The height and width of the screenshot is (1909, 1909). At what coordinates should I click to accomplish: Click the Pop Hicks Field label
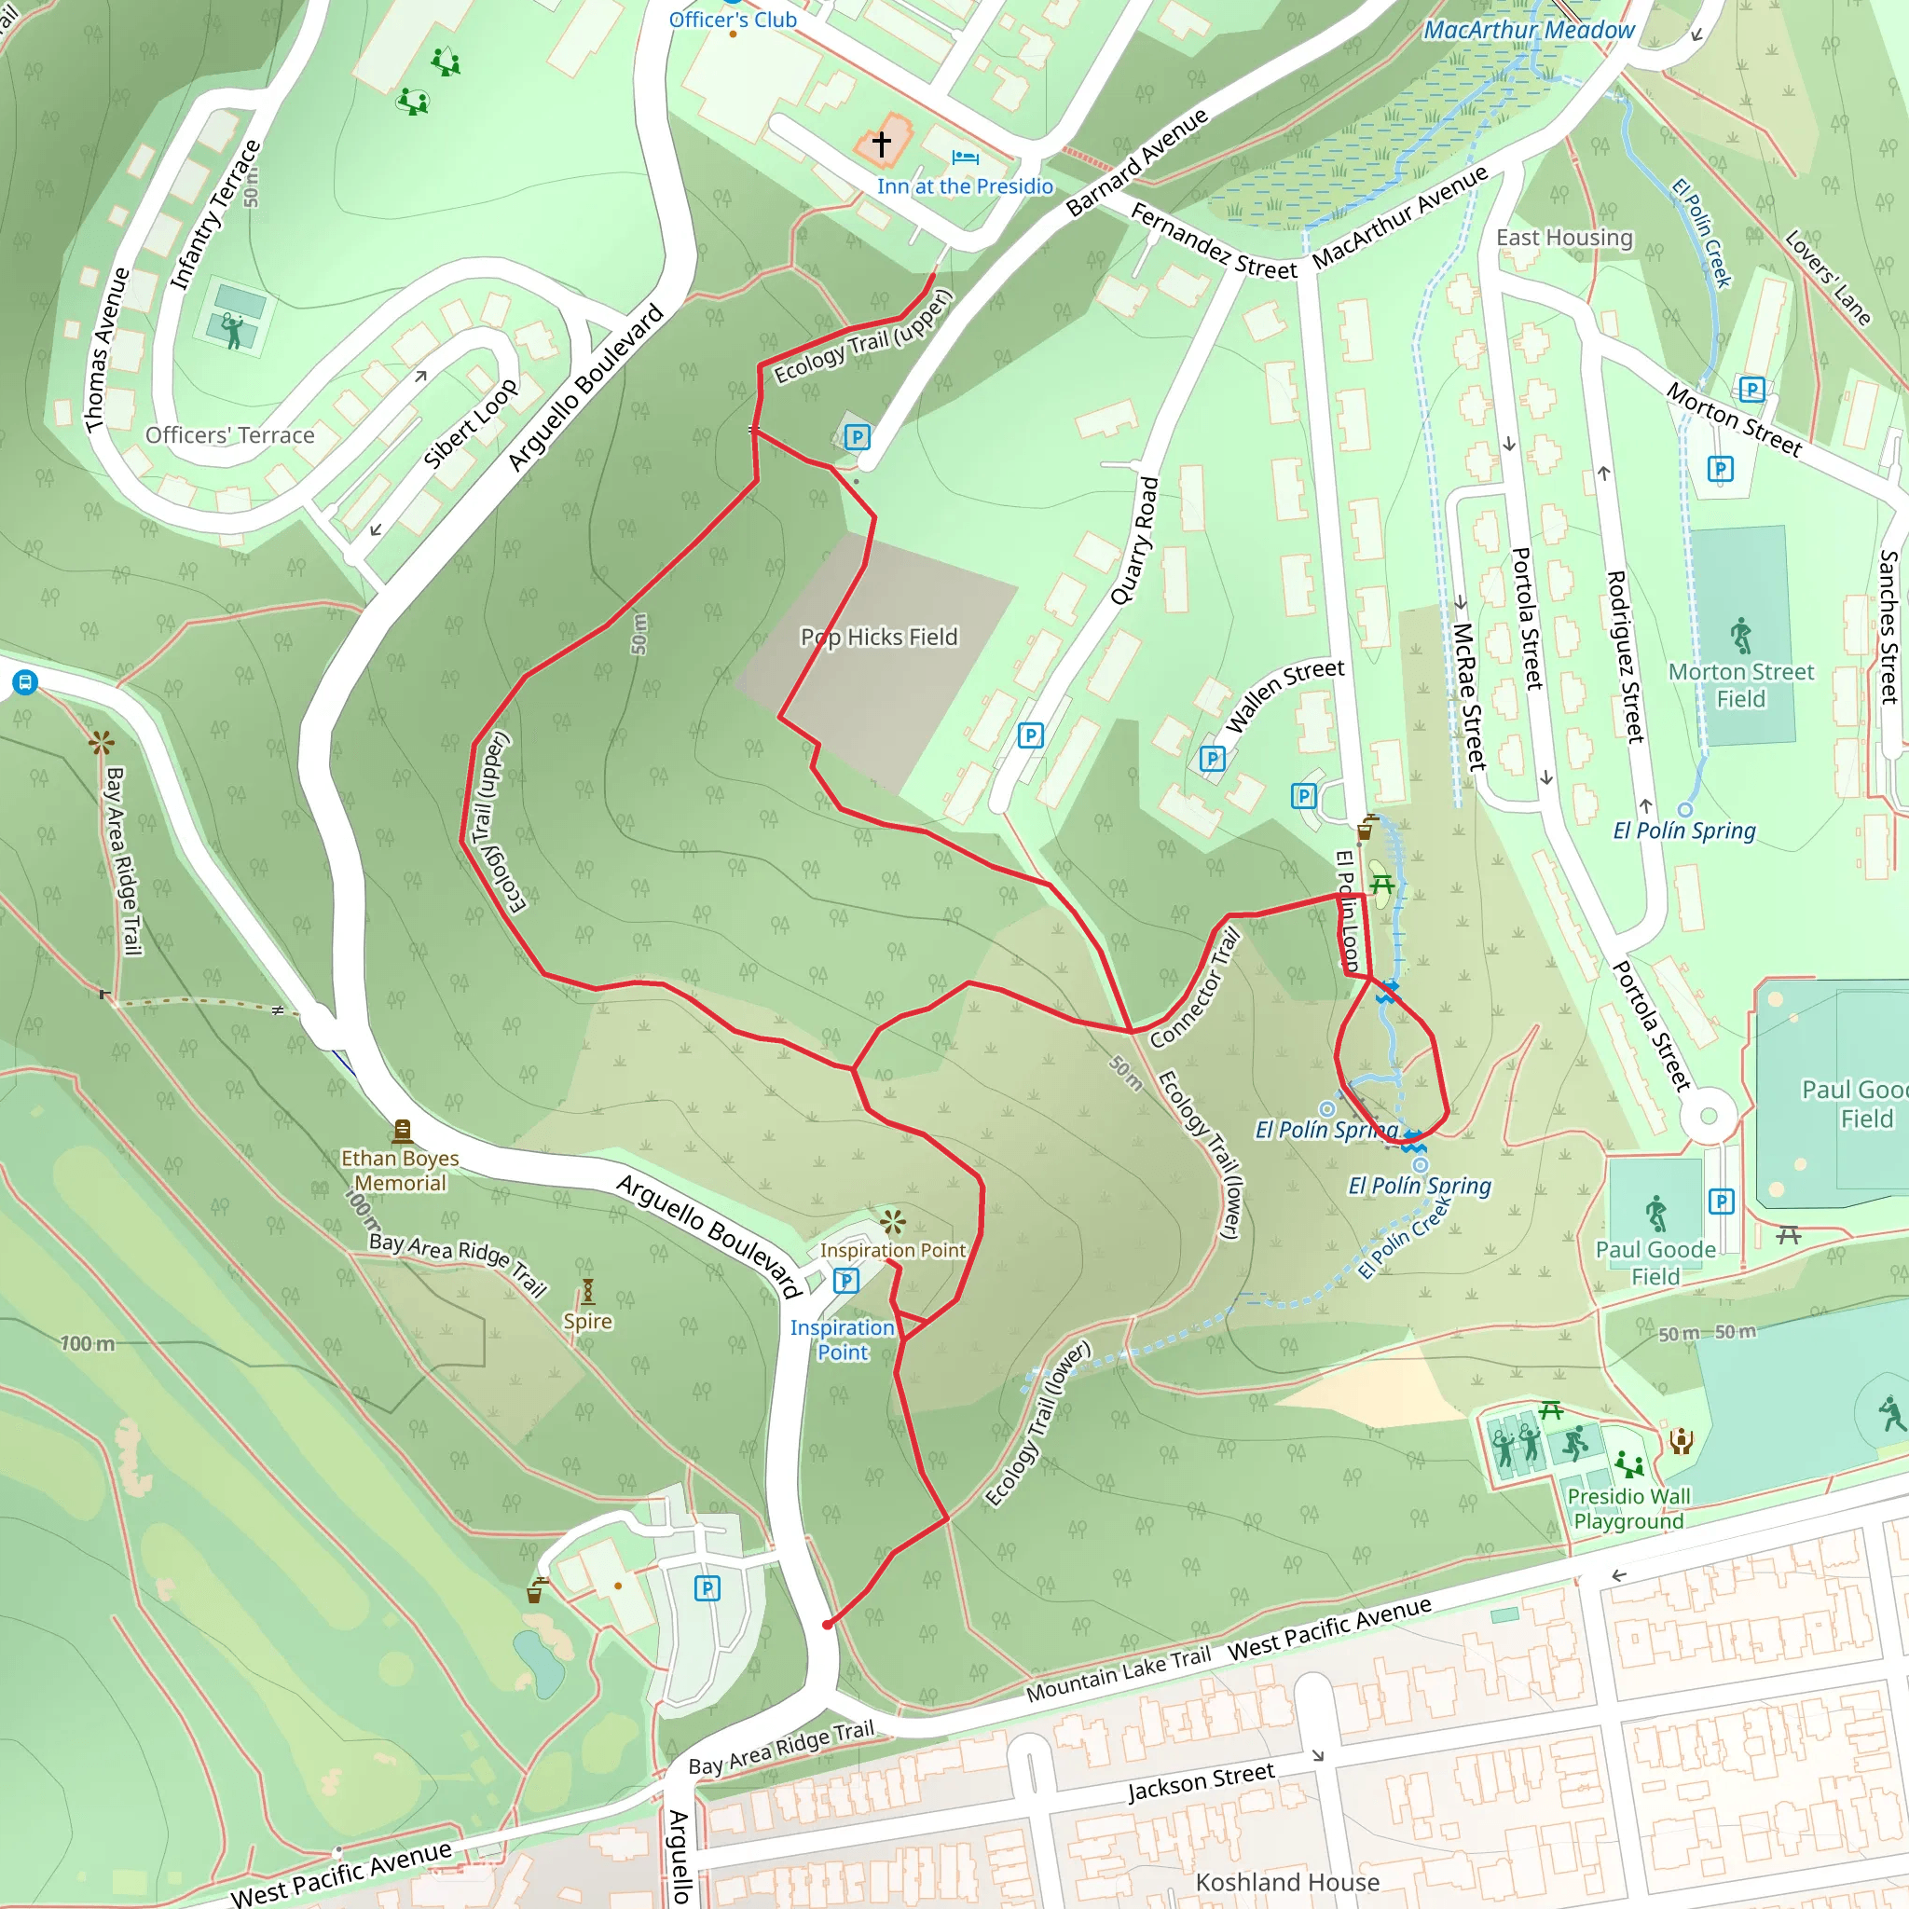pyautogui.click(x=878, y=638)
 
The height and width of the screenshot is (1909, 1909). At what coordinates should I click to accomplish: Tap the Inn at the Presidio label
pyautogui.click(x=965, y=185)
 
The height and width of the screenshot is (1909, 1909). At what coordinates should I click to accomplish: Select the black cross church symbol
pyautogui.click(x=882, y=144)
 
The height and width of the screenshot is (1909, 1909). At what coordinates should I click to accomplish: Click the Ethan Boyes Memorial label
pyautogui.click(x=400, y=1170)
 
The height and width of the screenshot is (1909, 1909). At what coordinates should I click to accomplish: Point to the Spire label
pyautogui.click(x=588, y=1321)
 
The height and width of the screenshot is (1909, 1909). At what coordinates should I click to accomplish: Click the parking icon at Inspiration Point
pyautogui.click(x=845, y=1282)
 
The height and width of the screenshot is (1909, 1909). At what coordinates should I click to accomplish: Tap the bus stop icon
pyautogui.click(x=26, y=681)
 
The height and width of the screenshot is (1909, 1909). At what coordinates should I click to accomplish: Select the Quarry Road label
pyautogui.click(x=1134, y=541)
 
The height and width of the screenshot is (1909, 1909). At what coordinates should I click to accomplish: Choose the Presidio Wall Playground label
pyautogui.click(x=1629, y=1509)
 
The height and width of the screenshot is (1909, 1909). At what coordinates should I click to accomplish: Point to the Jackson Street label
pyautogui.click(x=1202, y=1782)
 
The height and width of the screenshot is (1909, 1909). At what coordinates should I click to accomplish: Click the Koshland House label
pyautogui.click(x=1287, y=1882)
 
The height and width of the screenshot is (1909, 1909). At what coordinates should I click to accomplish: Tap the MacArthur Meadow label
pyautogui.click(x=1529, y=31)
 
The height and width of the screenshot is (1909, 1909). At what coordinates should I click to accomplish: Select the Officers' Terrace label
pyautogui.click(x=229, y=434)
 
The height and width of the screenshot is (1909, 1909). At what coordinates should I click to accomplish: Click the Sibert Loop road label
pyautogui.click(x=471, y=424)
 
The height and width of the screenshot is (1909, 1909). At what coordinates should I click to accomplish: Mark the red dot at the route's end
pyautogui.click(x=827, y=1625)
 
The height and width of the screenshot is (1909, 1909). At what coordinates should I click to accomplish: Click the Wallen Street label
pyautogui.click(x=1284, y=695)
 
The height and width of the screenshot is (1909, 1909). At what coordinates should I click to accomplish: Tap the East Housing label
pyautogui.click(x=1564, y=237)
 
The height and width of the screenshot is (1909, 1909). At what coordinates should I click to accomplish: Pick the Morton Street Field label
pyautogui.click(x=1741, y=685)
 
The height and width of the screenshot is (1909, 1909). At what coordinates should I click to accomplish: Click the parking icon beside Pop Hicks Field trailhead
pyautogui.click(x=858, y=437)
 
